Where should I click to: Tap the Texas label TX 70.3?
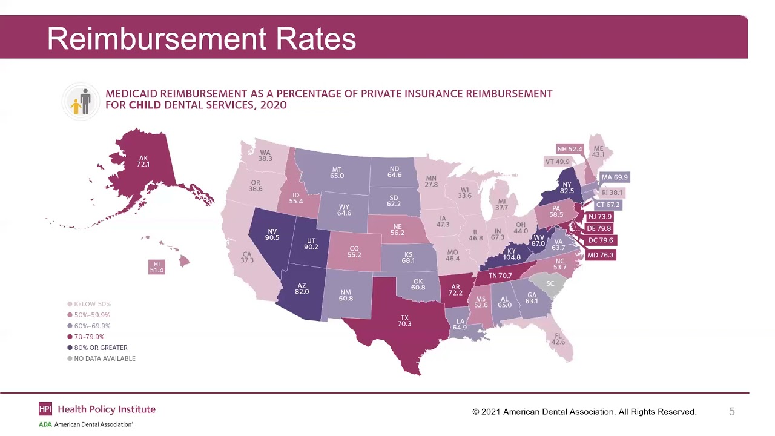point(404,320)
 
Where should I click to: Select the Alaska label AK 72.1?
point(143,161)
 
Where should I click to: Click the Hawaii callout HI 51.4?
point(156,266)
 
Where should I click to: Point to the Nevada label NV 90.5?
point(272,234)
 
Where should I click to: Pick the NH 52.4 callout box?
point(570,149)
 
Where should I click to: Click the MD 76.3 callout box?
point(600,255)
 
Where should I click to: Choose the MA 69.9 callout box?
point(614,177)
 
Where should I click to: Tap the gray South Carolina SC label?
point(550,283)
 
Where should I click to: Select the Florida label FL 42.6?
point(558,339)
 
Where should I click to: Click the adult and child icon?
point(81,102)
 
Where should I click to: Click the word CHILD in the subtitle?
point(145,105)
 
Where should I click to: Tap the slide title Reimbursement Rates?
point(201,39)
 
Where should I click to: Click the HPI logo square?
point(45,409)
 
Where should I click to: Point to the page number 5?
point(731,412)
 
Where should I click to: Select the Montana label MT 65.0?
point(337,173)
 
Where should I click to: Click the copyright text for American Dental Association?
point(584,412)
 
